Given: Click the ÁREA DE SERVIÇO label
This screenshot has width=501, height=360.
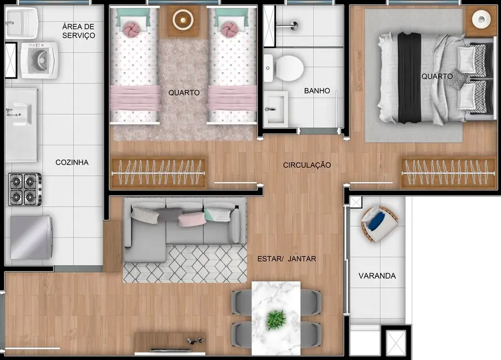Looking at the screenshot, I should tap(79, 31).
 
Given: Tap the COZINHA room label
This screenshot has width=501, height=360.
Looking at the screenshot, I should tap(72, 162).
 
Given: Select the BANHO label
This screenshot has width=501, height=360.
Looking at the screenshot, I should tap(317, 90).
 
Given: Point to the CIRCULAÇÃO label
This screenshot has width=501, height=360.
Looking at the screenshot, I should tap(307, 165).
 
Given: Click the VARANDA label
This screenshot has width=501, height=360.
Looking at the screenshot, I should tap(377, 275).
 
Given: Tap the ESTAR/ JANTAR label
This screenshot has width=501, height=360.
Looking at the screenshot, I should tap(287, 258).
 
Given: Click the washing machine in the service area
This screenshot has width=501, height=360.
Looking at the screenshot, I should tap(39, 59).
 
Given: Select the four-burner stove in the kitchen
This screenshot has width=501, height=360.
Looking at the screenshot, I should tap(25, 189).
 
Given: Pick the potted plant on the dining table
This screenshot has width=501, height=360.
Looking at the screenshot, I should tap(275, 319).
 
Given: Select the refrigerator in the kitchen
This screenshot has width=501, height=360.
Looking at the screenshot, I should tap(32, 237).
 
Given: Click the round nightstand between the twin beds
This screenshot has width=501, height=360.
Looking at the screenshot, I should tap(182, 20).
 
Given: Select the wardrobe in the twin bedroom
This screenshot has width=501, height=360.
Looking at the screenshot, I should tap(158, 173).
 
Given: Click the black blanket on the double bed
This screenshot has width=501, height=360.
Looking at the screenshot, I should tap(410, 77).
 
